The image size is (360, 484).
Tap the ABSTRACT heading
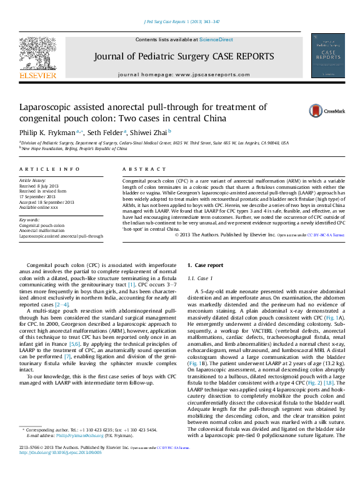point(136,169)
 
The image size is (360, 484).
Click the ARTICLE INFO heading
point(49,169)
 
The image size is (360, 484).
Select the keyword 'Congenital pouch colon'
point(42,225)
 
